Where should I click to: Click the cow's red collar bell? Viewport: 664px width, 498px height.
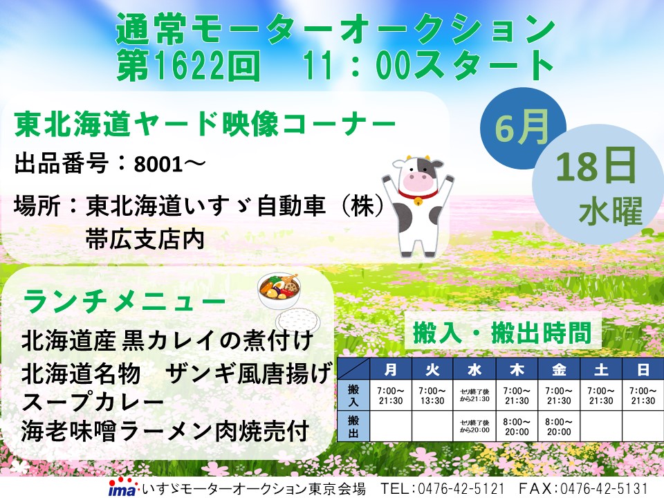click(418, 202)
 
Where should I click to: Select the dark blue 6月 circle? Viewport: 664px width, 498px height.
click(522, 129)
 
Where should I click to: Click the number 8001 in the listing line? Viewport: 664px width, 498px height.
click(158, 165)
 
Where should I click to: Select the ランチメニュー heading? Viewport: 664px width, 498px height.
click(124, 301)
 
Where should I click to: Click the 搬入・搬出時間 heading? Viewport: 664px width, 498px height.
click(502, 333)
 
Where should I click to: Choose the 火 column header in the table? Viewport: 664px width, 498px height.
click(432, 369)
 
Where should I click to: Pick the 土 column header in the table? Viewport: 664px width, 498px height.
click(601, 369)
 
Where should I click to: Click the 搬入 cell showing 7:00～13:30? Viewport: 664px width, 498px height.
click(432, 396)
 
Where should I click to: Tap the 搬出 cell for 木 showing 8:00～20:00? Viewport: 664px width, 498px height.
click(517, 427)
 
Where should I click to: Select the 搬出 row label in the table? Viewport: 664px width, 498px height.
click(353, 427)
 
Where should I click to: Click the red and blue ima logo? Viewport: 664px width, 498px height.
click(122, 488)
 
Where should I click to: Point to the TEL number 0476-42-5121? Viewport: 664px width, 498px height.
click(461, 488)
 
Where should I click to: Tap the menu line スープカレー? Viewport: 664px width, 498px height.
click(92, 403)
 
